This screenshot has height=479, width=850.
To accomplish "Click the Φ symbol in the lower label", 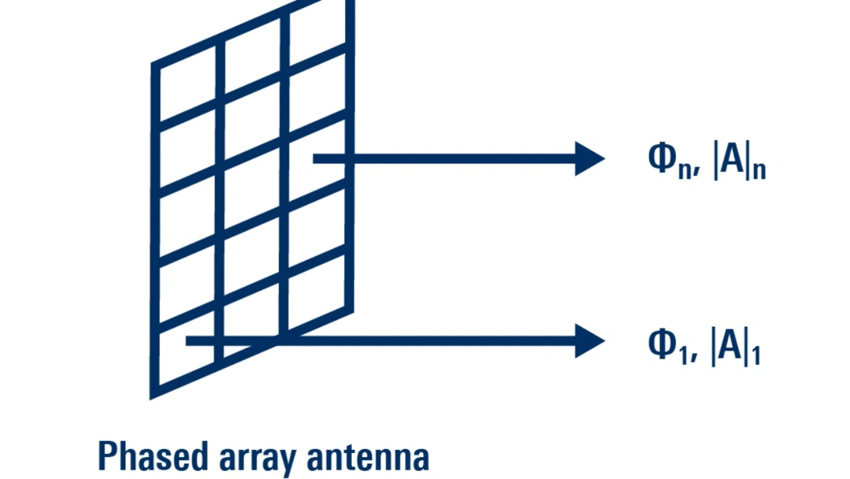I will point(661,345).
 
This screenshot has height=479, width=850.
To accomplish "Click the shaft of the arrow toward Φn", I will point(452,159).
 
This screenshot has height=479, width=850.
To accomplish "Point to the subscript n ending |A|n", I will point(758,170).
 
